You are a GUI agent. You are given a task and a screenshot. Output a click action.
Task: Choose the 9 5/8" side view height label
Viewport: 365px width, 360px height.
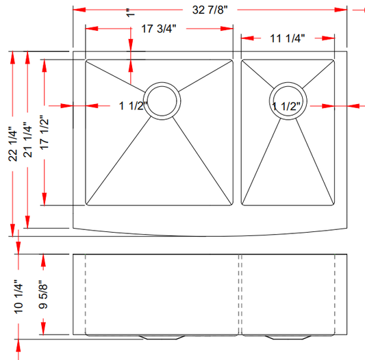tap(45, 295)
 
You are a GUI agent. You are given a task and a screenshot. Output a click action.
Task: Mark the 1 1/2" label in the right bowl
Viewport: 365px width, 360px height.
tap(287, 106)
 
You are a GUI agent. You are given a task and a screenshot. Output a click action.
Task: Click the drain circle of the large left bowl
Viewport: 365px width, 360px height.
tap(164, 101)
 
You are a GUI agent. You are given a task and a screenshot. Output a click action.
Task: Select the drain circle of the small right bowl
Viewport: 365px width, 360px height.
tap(288, 101)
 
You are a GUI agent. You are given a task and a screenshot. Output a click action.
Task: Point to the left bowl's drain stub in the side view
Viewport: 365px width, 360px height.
tap(162, 337)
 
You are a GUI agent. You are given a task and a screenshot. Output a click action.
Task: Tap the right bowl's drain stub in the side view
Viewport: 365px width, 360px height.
tap(287, 337)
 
